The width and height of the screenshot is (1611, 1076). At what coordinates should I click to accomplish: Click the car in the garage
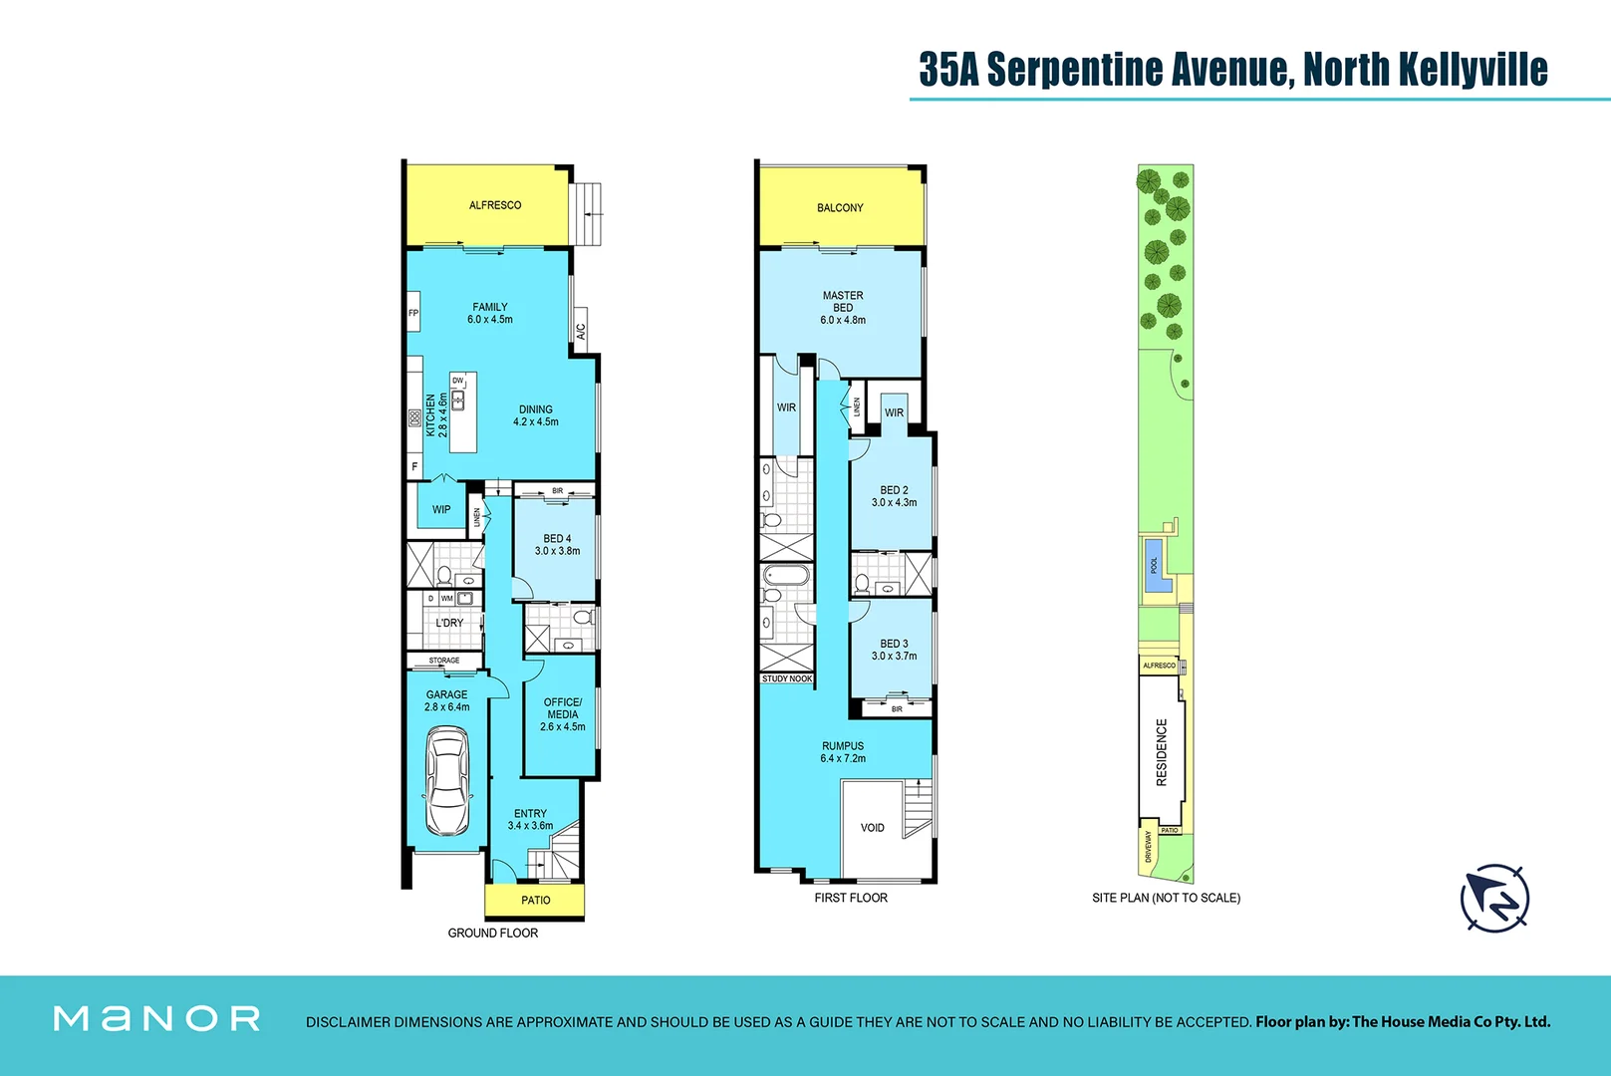(447, 781)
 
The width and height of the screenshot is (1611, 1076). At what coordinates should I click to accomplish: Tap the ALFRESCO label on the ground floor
(495, 205)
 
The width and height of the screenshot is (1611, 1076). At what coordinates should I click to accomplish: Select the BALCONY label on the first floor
(840, 208)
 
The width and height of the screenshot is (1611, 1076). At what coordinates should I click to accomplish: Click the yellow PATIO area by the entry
(535, 900)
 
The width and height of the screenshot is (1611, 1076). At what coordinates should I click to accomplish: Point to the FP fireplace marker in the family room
(413, 313)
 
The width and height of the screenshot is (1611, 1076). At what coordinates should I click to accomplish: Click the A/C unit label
(581, 331)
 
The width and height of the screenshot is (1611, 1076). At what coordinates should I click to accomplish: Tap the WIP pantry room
(441, 509)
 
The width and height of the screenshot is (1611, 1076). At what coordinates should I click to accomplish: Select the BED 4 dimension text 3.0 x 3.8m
(557, 551)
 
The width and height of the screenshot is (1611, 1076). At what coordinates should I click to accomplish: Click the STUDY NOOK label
(787, 678)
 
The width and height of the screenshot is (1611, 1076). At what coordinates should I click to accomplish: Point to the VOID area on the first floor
(872, 828)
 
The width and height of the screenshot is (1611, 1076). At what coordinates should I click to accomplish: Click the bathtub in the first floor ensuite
(787, 576)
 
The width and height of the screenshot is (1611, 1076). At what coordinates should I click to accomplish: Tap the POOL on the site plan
(1156, 565)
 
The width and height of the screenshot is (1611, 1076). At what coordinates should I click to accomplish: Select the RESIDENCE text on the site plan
(1162, 752)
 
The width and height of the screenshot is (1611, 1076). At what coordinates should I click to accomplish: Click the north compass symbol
(1494, 898)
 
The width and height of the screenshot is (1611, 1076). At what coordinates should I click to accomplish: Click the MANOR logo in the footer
(156, 1018)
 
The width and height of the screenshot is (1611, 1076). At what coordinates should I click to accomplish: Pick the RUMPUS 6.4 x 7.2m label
(843, 752)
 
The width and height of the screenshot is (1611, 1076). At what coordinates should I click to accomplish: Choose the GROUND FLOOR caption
(492, 933)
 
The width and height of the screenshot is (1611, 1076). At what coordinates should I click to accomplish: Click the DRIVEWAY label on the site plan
(1149, 847)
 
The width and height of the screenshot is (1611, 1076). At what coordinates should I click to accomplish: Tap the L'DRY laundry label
(449, 623)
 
